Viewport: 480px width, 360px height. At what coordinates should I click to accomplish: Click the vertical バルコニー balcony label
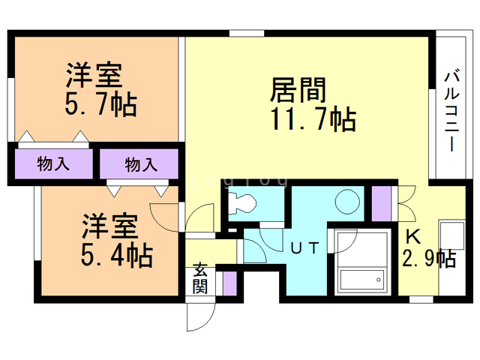(452, 109)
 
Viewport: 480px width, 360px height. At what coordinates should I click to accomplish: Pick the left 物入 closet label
(53, 163)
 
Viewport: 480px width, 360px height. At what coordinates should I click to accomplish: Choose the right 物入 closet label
(141, 163)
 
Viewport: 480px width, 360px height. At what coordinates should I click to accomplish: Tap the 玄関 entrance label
(200, 277)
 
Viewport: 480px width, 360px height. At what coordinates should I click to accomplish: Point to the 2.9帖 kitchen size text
(429, 259)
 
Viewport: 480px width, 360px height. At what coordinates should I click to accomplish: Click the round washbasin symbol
(347, 201)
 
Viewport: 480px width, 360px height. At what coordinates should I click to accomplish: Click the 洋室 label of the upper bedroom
(94, 76)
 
